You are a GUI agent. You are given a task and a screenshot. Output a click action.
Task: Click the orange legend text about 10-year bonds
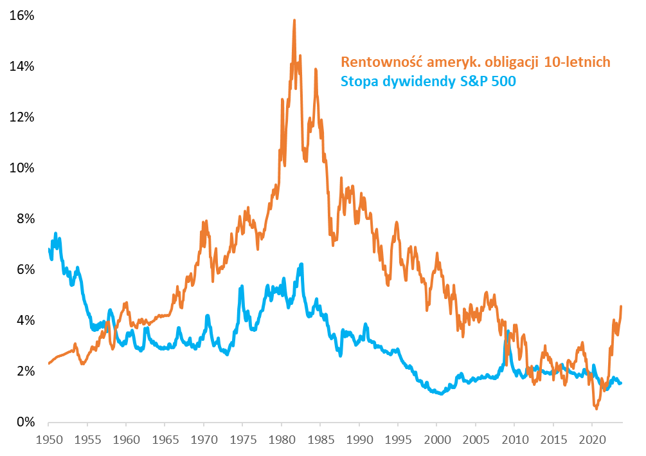click(475, 62)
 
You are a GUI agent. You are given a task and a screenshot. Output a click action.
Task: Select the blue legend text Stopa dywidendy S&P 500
click(428, 82)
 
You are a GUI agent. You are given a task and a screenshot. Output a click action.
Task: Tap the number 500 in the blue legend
click(503, 82)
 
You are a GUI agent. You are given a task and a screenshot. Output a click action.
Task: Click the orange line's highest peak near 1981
click(294, 21)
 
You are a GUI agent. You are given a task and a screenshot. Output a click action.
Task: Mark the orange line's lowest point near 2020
click(597, 408)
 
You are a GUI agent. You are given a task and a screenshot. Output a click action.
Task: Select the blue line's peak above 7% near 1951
click(56, 233)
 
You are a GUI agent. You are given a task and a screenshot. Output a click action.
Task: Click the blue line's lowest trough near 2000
click(440, 394)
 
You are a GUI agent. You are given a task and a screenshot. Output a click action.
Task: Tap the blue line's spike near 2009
click(508, 332)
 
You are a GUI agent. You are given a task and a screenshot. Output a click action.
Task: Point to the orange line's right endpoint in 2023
click(621, 306)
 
